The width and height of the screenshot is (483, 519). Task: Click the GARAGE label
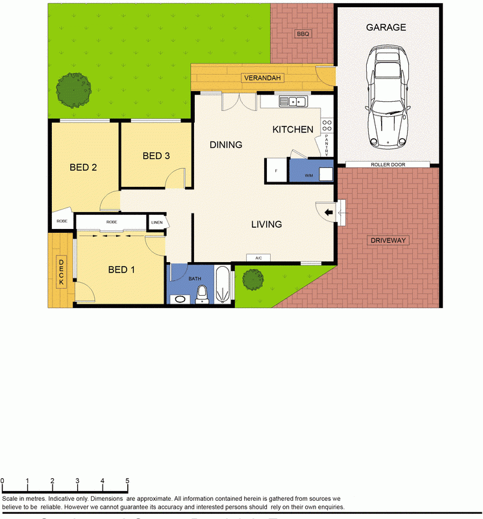coord(386,27)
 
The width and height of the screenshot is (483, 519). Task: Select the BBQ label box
coord(302,34)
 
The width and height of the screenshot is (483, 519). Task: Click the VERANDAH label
coord(262,78)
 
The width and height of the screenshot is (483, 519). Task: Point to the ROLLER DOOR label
coord(388,165)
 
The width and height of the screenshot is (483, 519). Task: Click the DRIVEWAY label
coord(388,241)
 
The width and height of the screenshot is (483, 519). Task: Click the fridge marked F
coord(276,171)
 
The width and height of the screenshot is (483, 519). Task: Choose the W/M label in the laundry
coord(308,175)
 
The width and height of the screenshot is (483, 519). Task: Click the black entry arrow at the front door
coord(328,211)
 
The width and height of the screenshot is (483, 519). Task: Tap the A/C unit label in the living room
coord(258,258)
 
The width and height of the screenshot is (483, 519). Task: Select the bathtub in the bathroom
coord(223,284)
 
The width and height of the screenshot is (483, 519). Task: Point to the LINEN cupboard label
coord(157,223)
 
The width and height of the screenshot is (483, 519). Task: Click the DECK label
coord(62,272)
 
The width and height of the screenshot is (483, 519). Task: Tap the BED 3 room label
coord(156,156)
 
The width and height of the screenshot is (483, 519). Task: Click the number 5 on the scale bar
coord(127,481)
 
